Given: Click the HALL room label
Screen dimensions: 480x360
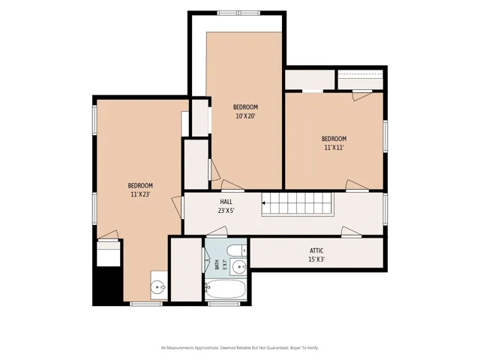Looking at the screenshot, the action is tap(226, 202).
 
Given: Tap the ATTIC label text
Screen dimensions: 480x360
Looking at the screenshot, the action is tap(316, 250).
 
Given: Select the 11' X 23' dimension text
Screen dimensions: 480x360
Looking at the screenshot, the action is tap(140, 194).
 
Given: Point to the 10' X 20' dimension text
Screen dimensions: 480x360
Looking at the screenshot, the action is tap(245, 116).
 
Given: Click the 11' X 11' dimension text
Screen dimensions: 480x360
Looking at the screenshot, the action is tap(334, 148).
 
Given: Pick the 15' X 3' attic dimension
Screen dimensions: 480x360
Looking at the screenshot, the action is tap(316, 259).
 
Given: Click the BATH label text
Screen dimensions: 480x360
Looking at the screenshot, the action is tap(217, 265).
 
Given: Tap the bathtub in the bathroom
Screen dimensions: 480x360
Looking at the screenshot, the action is tap(226, 290).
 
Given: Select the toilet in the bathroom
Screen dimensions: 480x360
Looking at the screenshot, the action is tap(237, 250).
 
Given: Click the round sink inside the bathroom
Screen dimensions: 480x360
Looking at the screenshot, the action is tap(238, 267).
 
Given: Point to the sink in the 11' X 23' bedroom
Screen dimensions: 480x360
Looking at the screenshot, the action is tap(157, 287).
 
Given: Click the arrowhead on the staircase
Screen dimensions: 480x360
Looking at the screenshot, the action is tap(263, 202).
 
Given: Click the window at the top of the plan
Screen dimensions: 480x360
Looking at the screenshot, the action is tap(238, 13).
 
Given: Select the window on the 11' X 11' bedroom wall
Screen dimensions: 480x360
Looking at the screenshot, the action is tap(385, 136).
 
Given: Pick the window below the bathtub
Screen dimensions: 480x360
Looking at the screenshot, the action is tap(223, 303).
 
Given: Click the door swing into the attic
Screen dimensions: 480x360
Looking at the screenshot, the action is tap(352, 232).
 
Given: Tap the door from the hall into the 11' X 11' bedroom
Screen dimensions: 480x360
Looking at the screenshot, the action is tap(357, 185).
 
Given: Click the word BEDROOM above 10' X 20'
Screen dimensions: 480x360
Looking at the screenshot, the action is tap(245, 107).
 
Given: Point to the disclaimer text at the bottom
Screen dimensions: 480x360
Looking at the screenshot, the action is tap(240, 348).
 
